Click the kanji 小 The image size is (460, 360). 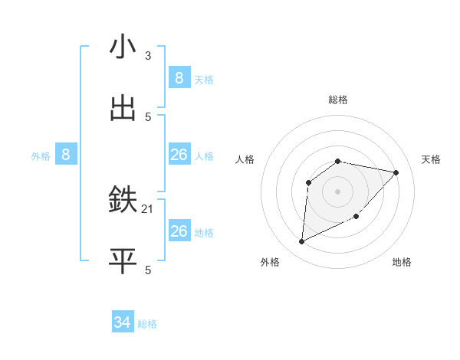click(123, 47)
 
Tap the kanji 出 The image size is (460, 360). click(123, 109)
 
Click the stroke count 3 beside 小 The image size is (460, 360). click(148, 55)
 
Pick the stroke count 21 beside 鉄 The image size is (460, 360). click(148, 208)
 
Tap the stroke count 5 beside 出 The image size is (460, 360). click(148, 116)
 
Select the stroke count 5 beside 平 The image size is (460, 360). click(148, 270)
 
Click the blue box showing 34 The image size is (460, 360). click(123, 323)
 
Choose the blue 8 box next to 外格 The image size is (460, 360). click(66, 155)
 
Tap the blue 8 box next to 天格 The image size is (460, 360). click(179, 78)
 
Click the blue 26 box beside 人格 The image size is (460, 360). click(179, 155)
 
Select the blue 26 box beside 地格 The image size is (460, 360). click(179, 231)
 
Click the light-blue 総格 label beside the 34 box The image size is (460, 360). click(147, 324)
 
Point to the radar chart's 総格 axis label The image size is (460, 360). click(338, 100)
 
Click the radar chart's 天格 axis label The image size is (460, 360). click(431, 159)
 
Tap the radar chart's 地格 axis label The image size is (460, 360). click(402, 262)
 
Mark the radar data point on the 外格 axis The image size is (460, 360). click(301, 242)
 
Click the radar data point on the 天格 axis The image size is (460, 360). click(396, 172)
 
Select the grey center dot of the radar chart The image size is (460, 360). click(338, 191)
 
